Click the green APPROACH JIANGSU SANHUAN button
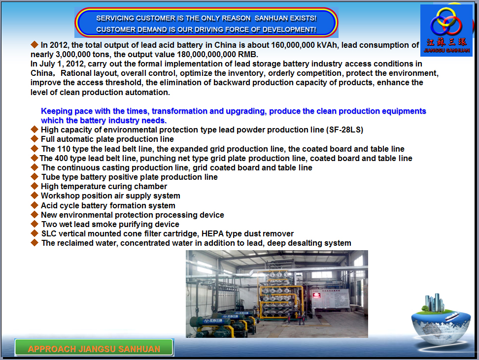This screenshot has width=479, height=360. pyautogui.click(x=95, y=348)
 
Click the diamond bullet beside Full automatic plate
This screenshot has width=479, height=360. pyautogui.click(x=34, y=139)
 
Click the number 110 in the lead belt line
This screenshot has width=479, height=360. pyautogui.click(x=64, y=149)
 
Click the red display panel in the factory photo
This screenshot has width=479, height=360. pyautogui.click(x=316, y=295)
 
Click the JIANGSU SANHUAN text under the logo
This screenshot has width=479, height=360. pyautogui.click(x=446, y=50)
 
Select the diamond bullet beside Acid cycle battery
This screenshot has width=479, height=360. pyautogui.click(x=34, y=205)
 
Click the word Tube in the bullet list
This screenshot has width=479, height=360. pyautogui.click(x=49, y=177)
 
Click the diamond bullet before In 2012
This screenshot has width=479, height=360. pyautogui.click(x=34, y=45)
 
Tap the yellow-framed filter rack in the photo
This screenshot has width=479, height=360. pyautogui.click(x=278, y=295)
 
